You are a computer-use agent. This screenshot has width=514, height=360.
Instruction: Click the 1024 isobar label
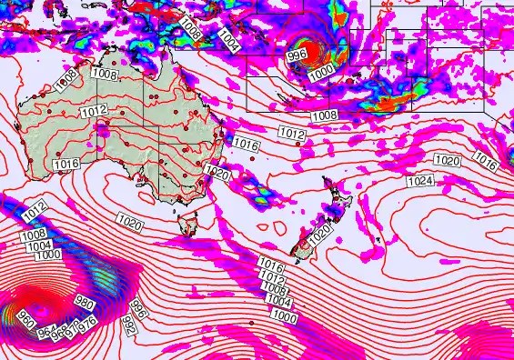pos(419,182)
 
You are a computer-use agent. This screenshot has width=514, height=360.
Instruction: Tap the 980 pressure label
pos(85,303)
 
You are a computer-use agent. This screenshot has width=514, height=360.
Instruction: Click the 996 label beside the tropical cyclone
pos(297,56)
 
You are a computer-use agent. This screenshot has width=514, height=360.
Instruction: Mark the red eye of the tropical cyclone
pos(301,43)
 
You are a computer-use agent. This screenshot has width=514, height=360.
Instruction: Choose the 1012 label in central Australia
pos(95,111)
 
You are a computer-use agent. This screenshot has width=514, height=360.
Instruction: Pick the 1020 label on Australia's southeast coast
pos(217,172)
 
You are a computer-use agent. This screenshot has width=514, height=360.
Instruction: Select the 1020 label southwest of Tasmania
pos(130,220)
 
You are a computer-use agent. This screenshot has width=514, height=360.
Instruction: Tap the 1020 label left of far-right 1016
pos(447,160)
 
